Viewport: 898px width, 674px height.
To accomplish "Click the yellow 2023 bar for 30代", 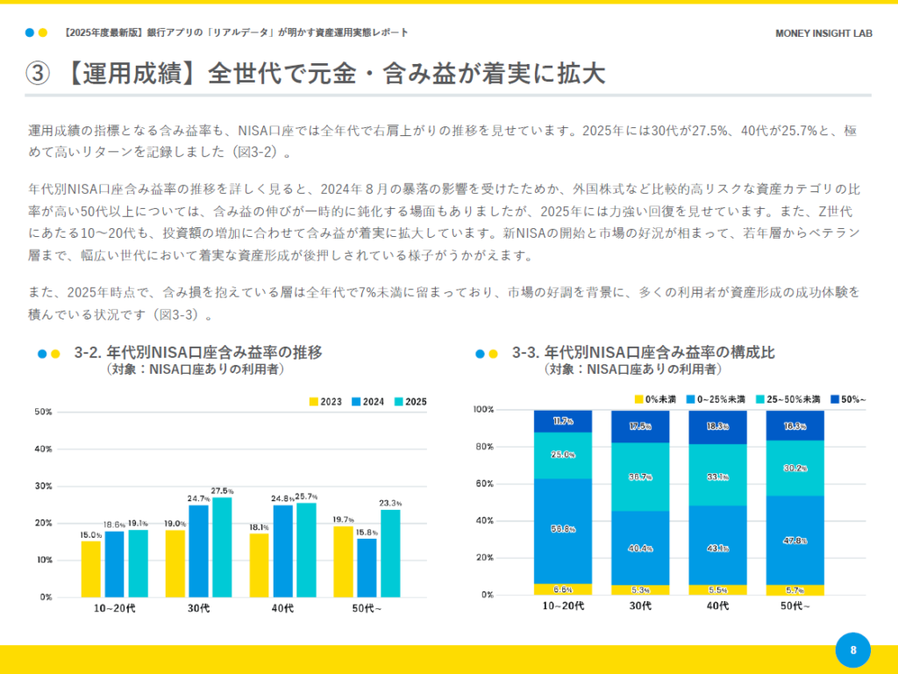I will click(x=175, y=563).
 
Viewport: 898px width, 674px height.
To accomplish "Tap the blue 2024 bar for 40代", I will click(x=282, y=550).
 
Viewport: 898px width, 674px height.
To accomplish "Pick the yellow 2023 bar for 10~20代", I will click(x=91, y=569).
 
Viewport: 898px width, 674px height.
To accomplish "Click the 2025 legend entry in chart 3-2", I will click(x=410, y=401).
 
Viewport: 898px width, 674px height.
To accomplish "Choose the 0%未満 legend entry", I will click(x=655, y=399).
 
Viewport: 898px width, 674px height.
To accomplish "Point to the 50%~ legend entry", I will click(x=846, y=399).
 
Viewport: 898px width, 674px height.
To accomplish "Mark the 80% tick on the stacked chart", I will click(x=484, y=447).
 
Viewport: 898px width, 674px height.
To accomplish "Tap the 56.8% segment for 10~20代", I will click(x=563, y=529).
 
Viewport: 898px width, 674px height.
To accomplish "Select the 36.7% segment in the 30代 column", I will click(x=640, y=477).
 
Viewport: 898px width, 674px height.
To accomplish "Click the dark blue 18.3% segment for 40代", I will click(x=717, y=427).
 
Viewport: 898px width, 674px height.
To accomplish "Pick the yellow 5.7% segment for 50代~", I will click(x=795, y=590).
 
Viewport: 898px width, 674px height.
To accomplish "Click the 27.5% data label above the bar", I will click(x=223, y=491).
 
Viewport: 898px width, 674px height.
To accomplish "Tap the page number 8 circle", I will click(x=852, y=650).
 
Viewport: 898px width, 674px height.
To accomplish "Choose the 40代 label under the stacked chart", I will click(x=717, y=606).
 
